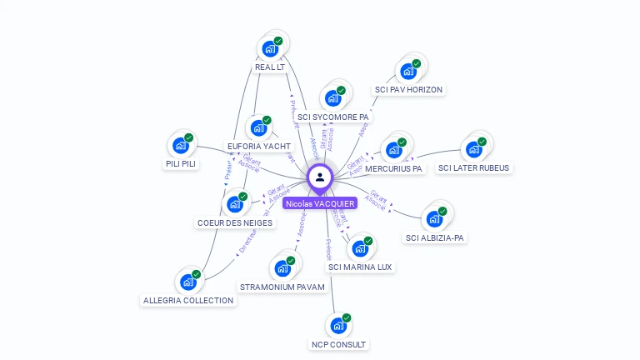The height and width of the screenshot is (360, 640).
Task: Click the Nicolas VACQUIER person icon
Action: tap(320, 177)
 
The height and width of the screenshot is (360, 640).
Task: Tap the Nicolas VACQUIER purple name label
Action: tap(320, 203)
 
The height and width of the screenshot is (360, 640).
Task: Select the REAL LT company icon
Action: tap(269, 48)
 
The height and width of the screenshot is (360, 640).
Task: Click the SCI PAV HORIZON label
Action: tap(408, 89)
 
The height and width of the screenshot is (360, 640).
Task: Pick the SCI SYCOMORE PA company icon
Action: tap(332, 98)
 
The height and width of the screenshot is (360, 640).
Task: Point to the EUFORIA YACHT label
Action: tap(259, 146)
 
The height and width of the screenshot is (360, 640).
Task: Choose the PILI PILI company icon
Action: tap(180, 146)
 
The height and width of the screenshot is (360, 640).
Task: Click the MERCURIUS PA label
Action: tap(393, 168)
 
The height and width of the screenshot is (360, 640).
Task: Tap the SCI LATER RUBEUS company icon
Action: tap(473, 149)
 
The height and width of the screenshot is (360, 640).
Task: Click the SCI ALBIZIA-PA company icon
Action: tap(433, 219)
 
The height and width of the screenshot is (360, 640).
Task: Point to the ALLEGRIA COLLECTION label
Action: tap(188, 300)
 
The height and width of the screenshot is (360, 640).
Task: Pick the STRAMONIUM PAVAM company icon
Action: tap(282, 268)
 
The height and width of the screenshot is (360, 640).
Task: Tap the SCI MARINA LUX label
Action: tap(360, 267)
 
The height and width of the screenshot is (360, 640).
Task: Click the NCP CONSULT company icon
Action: tap(337, 326)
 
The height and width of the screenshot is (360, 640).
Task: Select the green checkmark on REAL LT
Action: tap(278, 40)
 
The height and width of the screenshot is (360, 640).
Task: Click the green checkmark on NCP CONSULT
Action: tap(347, 317)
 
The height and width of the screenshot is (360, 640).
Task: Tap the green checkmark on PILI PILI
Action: tap(189, 137)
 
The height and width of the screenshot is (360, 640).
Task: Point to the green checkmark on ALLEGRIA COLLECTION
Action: tap(197, 274)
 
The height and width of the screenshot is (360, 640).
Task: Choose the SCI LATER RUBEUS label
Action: tap(473, 167)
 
